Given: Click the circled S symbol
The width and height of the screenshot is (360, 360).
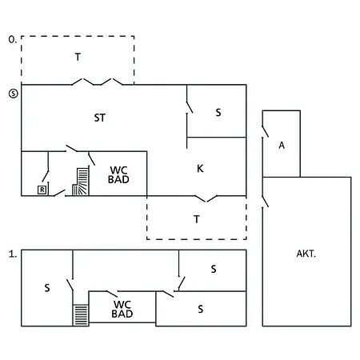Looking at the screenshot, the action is pos(14,94).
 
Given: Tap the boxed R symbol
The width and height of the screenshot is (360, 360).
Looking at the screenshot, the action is pos(42,190).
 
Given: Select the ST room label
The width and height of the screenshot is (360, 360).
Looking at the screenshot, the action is pos(100,118).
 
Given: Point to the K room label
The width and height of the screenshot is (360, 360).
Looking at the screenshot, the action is pos(200,168).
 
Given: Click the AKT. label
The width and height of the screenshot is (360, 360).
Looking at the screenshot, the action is pos(306,254).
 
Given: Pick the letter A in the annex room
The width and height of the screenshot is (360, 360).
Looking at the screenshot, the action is pos(282,146).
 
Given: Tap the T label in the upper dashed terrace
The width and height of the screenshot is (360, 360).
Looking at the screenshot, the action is pos(78,57).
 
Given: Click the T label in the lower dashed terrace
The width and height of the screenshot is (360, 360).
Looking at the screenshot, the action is pos(197,219).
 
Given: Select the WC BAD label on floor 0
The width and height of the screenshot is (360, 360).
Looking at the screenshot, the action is pos(118,174).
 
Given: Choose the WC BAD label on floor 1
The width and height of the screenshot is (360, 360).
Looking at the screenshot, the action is pos(122,309).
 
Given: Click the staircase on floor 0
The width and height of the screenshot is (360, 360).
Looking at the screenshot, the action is pos(81,182).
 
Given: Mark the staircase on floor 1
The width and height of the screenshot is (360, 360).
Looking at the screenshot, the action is pos(81,315).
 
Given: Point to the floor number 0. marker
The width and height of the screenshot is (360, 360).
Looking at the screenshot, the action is pos(13,39).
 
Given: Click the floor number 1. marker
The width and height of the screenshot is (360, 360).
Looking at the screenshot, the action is pos(13,254).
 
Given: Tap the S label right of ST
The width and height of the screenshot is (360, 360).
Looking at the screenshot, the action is pos(218,112).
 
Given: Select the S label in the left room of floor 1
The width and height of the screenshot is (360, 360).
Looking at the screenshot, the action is pos(47,288).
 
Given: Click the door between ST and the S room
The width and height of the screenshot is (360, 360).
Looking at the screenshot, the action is pos(190,106).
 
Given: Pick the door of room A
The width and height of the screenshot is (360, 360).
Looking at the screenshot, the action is pos(265,131).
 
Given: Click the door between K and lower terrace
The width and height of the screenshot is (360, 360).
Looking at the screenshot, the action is pos(206,198).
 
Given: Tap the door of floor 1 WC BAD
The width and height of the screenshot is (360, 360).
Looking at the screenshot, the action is pos(112,294).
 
